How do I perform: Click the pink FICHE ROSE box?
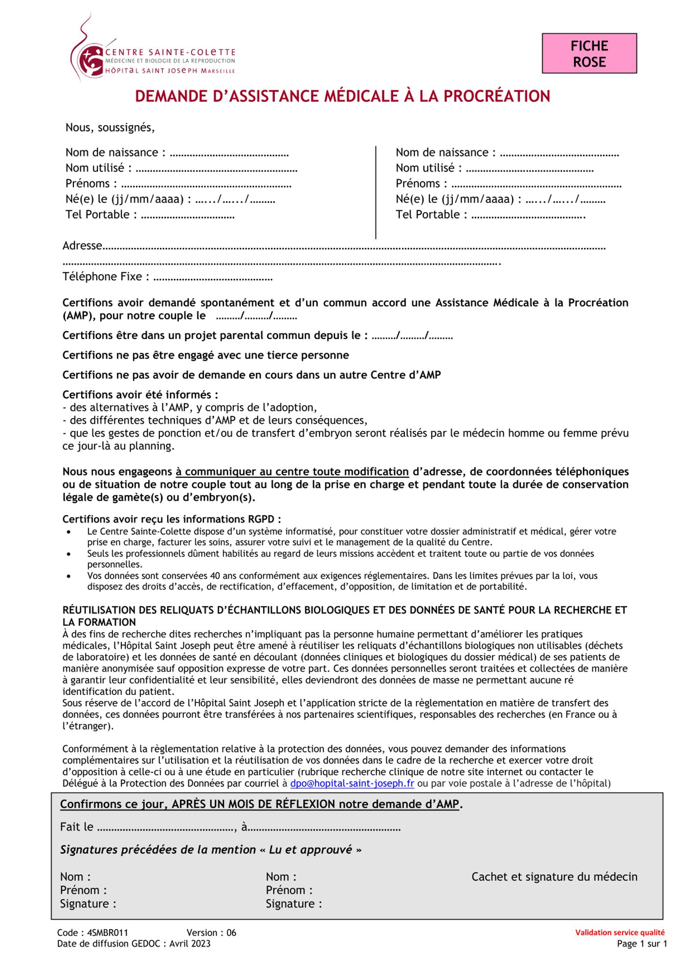(589, 54)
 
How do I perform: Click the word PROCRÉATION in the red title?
(496, 96)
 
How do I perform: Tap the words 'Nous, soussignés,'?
(110, 128)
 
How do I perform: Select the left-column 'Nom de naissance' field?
(229, 154)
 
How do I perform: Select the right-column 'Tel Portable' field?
(528, 215)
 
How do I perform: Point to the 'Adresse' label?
(82, 245)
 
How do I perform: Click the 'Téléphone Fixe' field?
(213, 277)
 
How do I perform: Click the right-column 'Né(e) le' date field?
(562, 200)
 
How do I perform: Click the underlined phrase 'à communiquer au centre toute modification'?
(292, 472)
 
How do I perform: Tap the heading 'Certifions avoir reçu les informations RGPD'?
(171, 519)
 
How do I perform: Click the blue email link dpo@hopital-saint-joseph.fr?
(352, 783)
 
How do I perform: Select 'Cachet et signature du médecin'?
(554, 877)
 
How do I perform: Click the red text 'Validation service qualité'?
(620, 933)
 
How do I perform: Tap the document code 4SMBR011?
(108, 933)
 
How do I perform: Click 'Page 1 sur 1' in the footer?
(642, 944)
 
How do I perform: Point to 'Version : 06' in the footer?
(211, 933)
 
